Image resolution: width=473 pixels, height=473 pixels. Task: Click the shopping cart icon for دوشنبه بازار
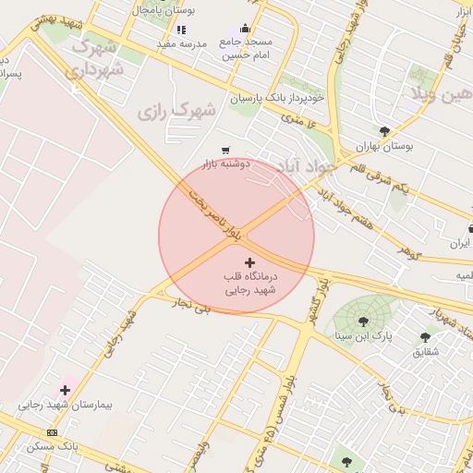click(225, 151)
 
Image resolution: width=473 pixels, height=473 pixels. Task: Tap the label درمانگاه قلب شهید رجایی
click(250, 283)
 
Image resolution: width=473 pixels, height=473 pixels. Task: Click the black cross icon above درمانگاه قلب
click(249, 263)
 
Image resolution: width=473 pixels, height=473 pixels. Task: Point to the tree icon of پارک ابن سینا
click(362, 321)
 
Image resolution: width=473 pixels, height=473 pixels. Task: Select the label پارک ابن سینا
click(363, 336)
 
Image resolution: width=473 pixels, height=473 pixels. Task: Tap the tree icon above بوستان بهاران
click(384, 131)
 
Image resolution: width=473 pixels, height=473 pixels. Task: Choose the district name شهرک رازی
click(176, 112)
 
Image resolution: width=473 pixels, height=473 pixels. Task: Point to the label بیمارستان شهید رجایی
click(58, 405)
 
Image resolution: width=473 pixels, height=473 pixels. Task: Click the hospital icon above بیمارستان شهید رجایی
click(65, 390)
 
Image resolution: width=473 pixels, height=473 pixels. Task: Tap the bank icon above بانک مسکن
click(52, 432)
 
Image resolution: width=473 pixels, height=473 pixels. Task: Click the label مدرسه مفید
click(180, 43)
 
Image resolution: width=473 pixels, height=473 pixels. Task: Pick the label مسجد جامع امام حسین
click(247, 49)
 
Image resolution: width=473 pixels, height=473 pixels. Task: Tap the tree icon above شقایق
click(425, 337)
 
